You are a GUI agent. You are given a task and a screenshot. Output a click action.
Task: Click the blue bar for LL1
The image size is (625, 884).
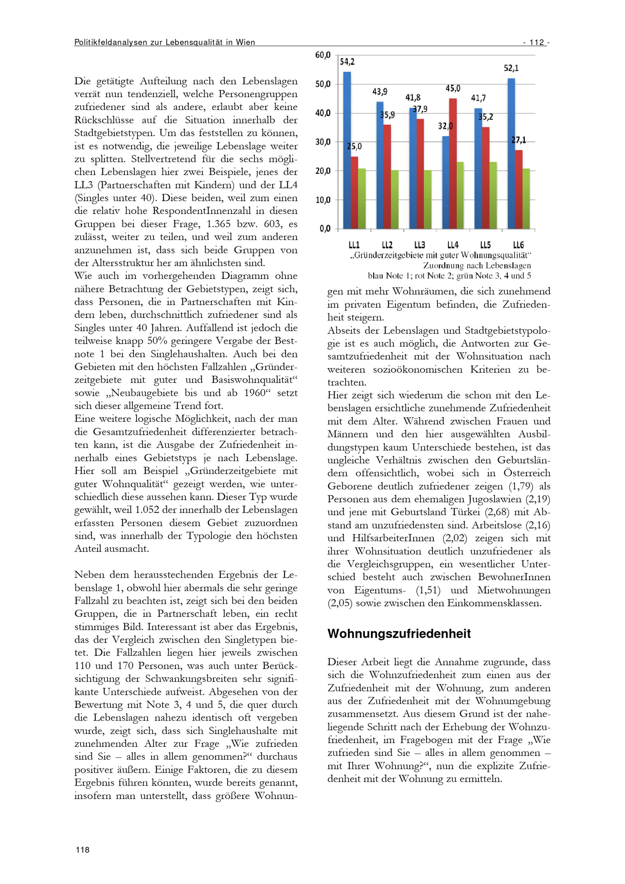347,150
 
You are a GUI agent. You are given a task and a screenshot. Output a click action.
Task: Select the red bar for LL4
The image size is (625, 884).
453,164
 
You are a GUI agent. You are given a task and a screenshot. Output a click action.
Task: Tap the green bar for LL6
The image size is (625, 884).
526,199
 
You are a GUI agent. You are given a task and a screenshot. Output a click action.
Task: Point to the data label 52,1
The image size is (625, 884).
511,68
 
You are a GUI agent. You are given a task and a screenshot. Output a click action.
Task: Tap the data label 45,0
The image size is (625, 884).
453,88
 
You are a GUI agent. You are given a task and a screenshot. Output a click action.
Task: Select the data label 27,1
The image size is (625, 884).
519,141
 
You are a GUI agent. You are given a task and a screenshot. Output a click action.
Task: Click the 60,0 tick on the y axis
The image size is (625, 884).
323,55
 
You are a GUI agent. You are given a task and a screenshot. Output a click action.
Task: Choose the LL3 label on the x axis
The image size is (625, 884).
420,245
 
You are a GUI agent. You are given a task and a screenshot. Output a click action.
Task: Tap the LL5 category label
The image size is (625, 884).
486,245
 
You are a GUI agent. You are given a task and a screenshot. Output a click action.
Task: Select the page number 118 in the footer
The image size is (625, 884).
82,850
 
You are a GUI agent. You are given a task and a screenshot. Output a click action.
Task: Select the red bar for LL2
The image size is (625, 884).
387,177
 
